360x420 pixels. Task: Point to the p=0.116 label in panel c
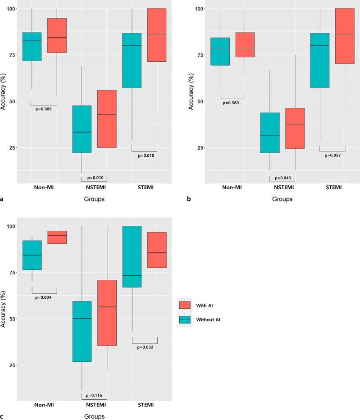[x=94, y=395]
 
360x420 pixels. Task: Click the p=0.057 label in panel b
[x=333, y=155]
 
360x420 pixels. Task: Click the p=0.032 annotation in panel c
[x=144, y=347]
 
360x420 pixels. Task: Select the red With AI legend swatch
[x=185, y=305]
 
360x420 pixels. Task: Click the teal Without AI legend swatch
[x=185, y=319]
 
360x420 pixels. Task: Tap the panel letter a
[x=3, y=198]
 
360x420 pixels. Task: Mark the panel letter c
[x=3, y=416]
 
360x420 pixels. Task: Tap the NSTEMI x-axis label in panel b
[x=283, y=187]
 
